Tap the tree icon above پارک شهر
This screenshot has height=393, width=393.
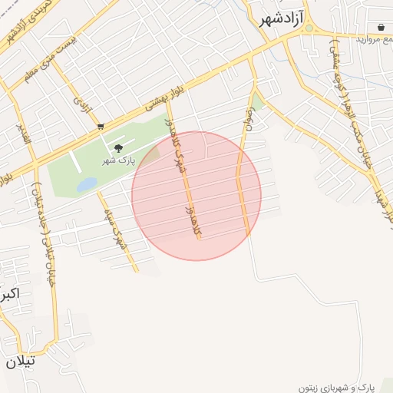click(x=117, y=147)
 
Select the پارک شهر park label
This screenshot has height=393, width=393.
click(x=117, y=161)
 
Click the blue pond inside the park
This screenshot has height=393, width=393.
click(x=87, y=184)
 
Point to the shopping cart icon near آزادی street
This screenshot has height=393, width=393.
click(x=101, y=126)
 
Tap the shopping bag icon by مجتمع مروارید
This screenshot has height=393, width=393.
click(x=381, y=27)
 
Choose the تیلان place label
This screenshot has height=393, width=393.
click(x=20, y=361)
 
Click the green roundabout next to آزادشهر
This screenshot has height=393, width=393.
click(x=309, y=28)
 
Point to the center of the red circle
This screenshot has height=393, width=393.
click(x=196, y=196)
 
